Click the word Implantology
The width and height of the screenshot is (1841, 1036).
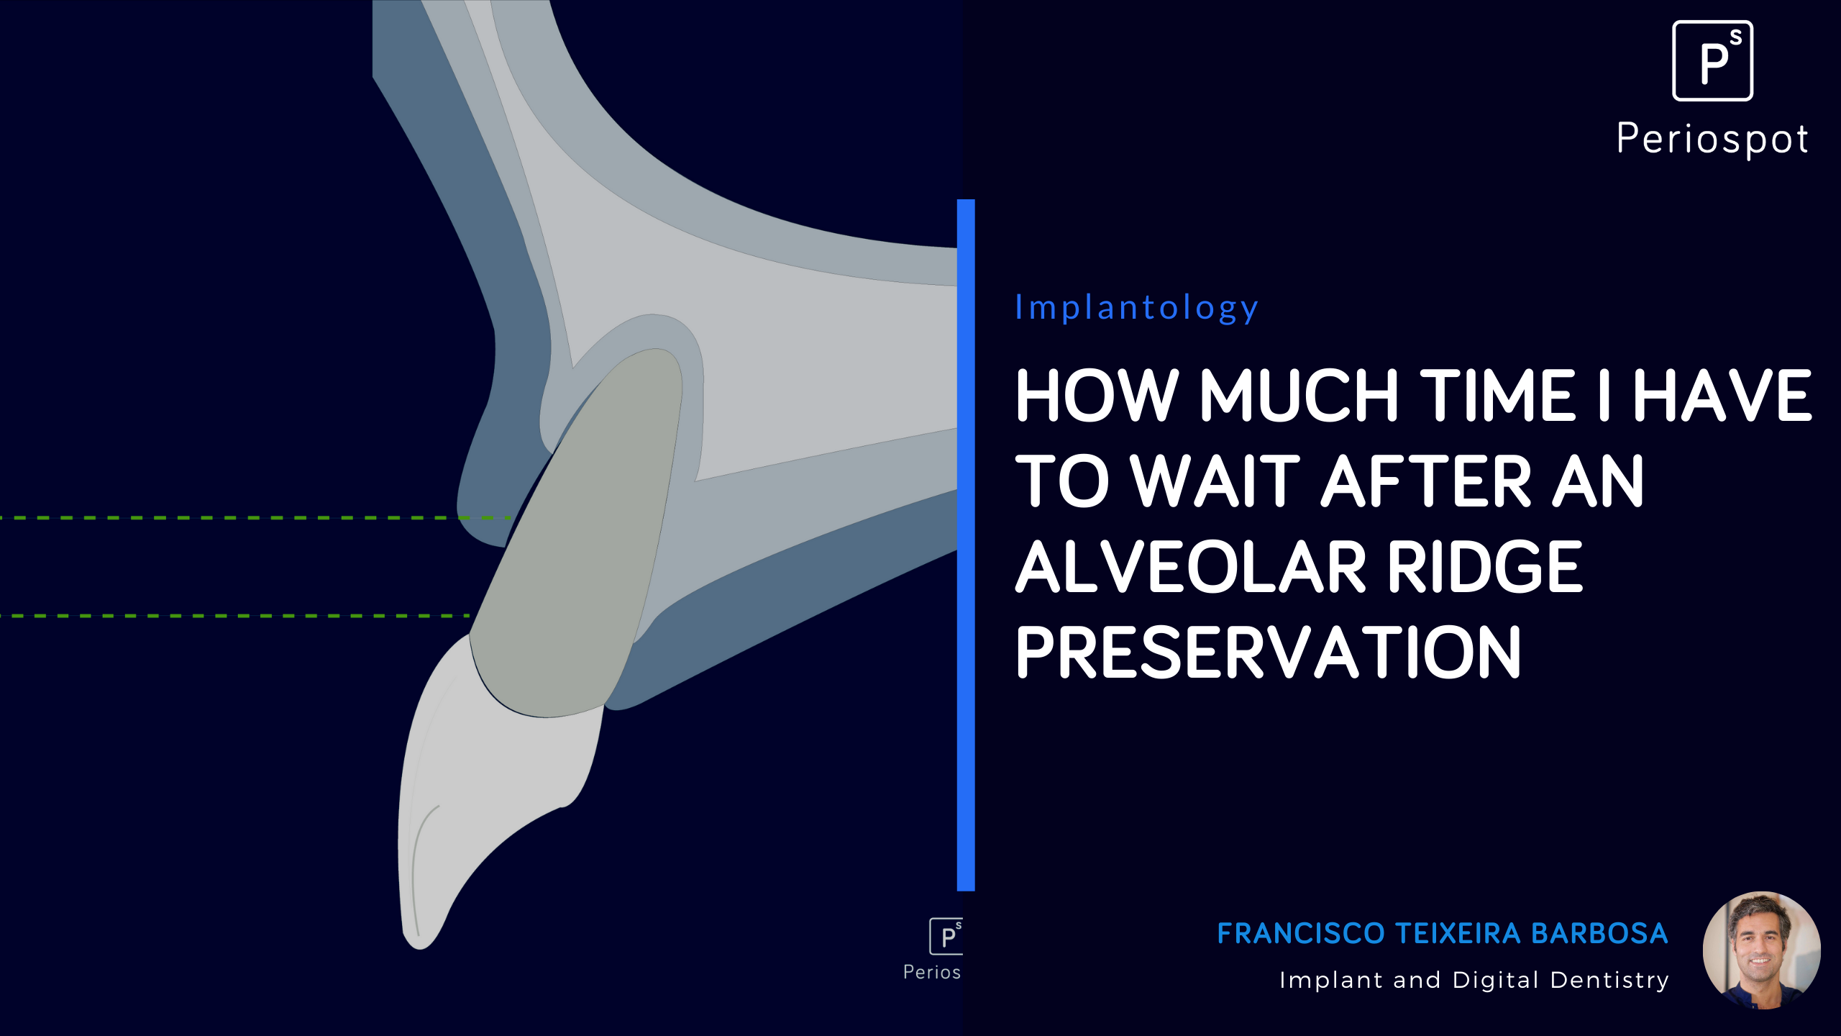tap(1136, 308)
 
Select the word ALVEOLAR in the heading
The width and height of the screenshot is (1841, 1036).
tap(1190, 568)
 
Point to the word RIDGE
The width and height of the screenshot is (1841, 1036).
tap(1484, 568)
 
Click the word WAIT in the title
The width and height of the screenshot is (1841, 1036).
tap(1215, 481)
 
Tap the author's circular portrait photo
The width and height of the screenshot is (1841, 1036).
tap(1761, 950)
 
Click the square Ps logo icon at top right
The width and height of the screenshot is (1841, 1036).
tap(1712, 61)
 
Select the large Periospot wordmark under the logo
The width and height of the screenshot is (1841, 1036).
tap(1712, 139)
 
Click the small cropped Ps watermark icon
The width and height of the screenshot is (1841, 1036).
tap(946, 937)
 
